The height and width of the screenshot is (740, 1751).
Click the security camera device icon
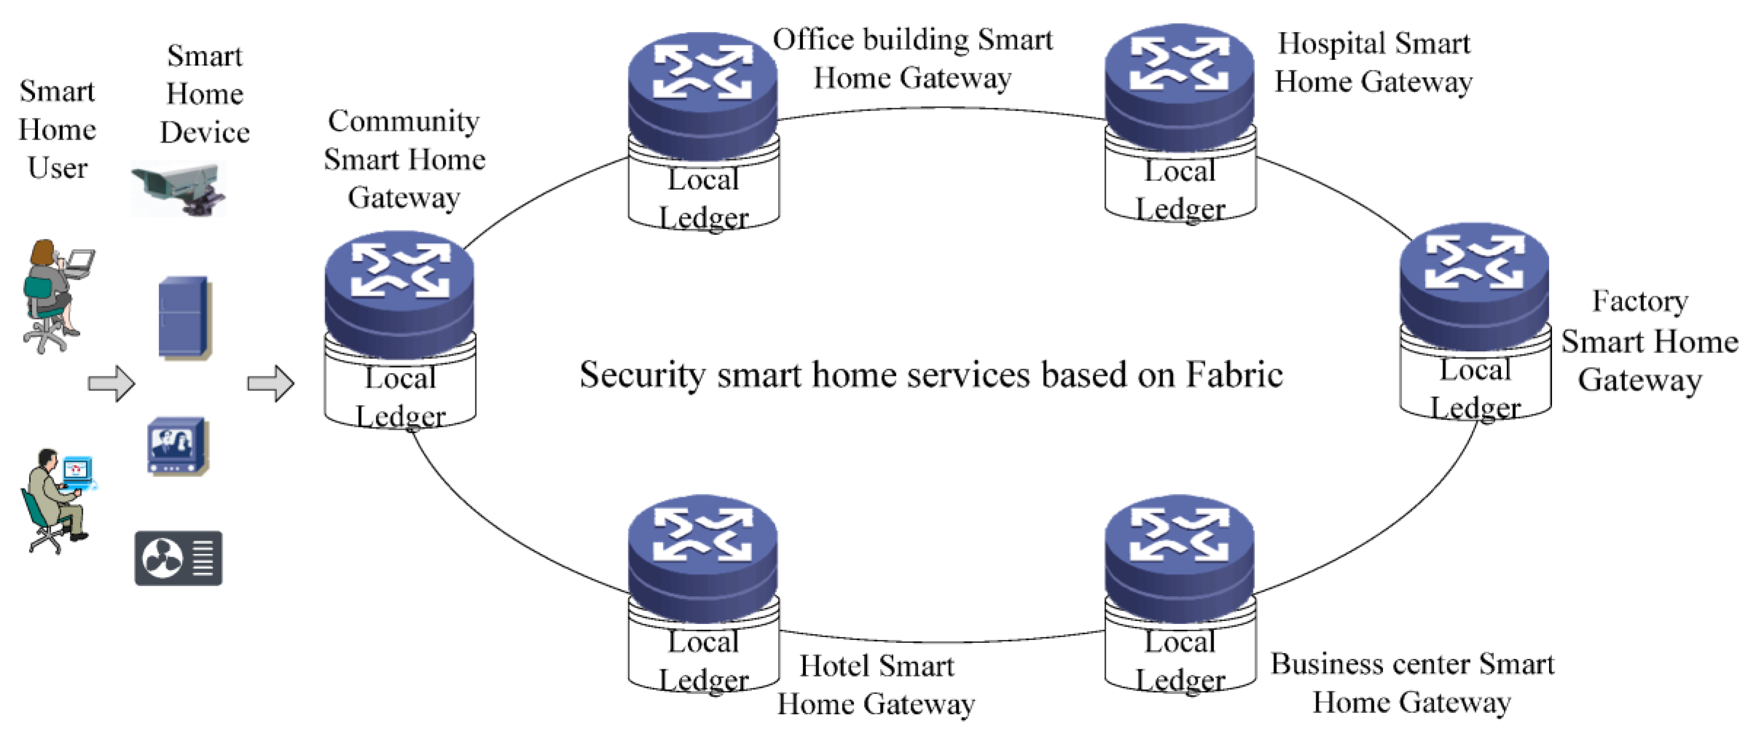[x=178, y=188]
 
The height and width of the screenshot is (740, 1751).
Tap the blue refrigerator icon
[x=184, y=317]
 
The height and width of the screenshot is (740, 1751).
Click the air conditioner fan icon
[x=178, y=558]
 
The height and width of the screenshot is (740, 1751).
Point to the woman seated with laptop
[x=54, y=296]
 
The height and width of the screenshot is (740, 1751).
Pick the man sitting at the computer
[x=58, y=500]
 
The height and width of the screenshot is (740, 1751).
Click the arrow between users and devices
[x=112, y=383]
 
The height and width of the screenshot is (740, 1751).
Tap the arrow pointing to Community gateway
[x=270, y=383]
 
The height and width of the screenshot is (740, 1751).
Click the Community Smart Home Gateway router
[x=400, y=292]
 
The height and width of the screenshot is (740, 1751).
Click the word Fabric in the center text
[x=1234, y=374]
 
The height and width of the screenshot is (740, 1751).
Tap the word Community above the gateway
[x=404, y=122]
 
